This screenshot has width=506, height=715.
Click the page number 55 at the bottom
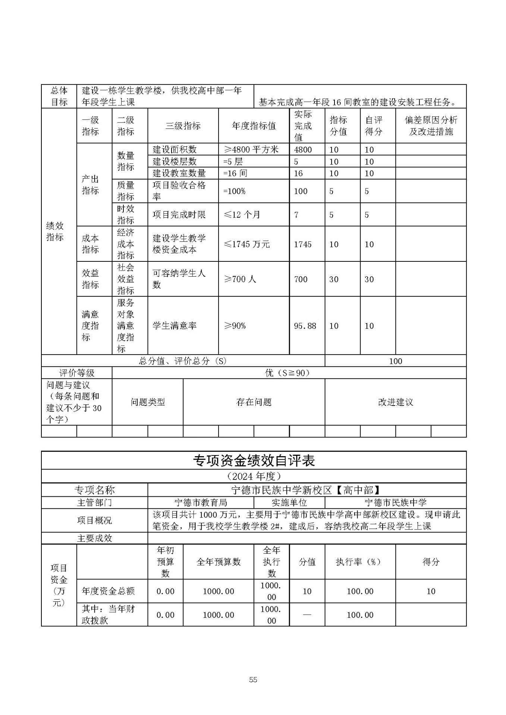pos(253,680)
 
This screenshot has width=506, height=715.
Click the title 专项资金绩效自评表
pos(254,461)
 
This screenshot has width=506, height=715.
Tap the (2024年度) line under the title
pos(254,476)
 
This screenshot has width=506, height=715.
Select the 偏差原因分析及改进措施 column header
pos(431,126)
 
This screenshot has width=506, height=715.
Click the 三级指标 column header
pos(183,126)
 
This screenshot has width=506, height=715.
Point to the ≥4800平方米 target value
pos(251,150)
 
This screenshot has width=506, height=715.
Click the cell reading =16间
pos(235,173)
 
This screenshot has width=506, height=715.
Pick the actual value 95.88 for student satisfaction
pos(305,326)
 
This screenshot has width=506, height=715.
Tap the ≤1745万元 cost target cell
pos(247,244)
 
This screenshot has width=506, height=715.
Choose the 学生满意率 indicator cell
pos(175,326)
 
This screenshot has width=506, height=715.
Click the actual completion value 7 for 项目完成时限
pos(296,215)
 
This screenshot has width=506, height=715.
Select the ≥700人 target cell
pos(240,279)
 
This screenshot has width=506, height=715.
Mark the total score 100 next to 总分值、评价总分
pos(395,361)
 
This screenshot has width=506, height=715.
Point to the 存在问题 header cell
pos(254,402)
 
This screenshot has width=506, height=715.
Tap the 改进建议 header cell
pos(395,402)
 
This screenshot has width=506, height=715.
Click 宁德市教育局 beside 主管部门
pos(201,503)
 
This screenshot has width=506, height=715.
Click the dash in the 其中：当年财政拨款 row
pos(307,615)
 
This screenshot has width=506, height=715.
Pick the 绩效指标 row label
pos(55,231)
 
